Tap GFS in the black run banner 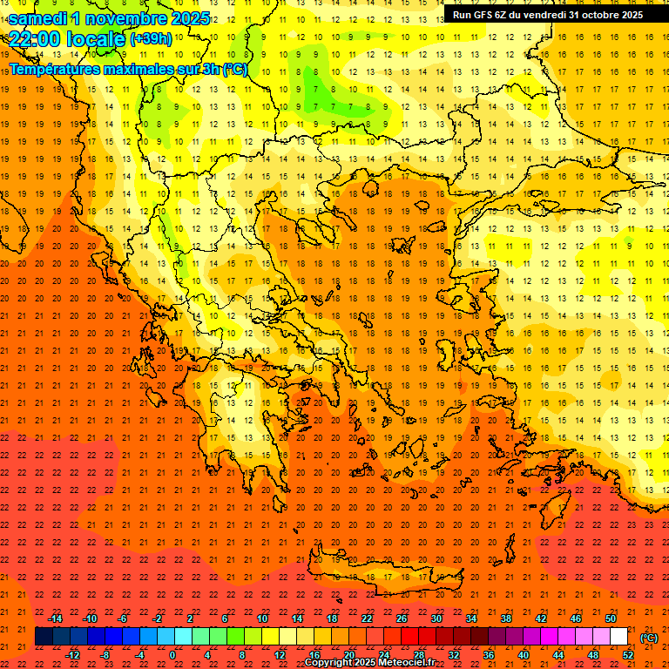point(486,15)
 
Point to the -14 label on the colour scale point(56,618)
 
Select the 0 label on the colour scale point(172,655)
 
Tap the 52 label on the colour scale point(628,655)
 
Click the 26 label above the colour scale point(402,618)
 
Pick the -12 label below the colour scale point(73,655)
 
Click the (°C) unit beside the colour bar point(649,638)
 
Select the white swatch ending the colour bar point(618,637)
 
